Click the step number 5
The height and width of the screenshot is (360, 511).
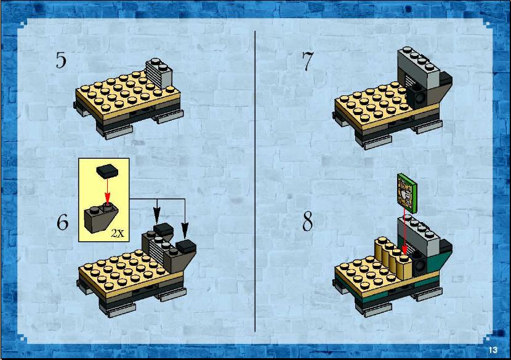click(x=61, y=60)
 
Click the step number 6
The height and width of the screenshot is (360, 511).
click(x=63, y=222)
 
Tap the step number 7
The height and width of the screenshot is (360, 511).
click(x=307, y=61)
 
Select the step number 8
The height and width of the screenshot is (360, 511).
click(x=307, y=221)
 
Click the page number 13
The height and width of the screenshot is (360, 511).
click(x=493, y=350)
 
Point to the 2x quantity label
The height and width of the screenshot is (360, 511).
click(x=118, y=233)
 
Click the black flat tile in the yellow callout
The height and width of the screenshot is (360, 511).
click(x=107, y=171)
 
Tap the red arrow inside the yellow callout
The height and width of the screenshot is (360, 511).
click(x=107, y=191)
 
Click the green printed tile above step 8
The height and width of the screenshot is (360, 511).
click(x=407, y=193)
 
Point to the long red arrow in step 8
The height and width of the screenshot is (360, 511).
click(x=404, y=231)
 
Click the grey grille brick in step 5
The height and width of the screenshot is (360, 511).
click(x=159, y=73)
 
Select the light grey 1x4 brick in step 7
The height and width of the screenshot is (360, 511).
click(x=419, y=69)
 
